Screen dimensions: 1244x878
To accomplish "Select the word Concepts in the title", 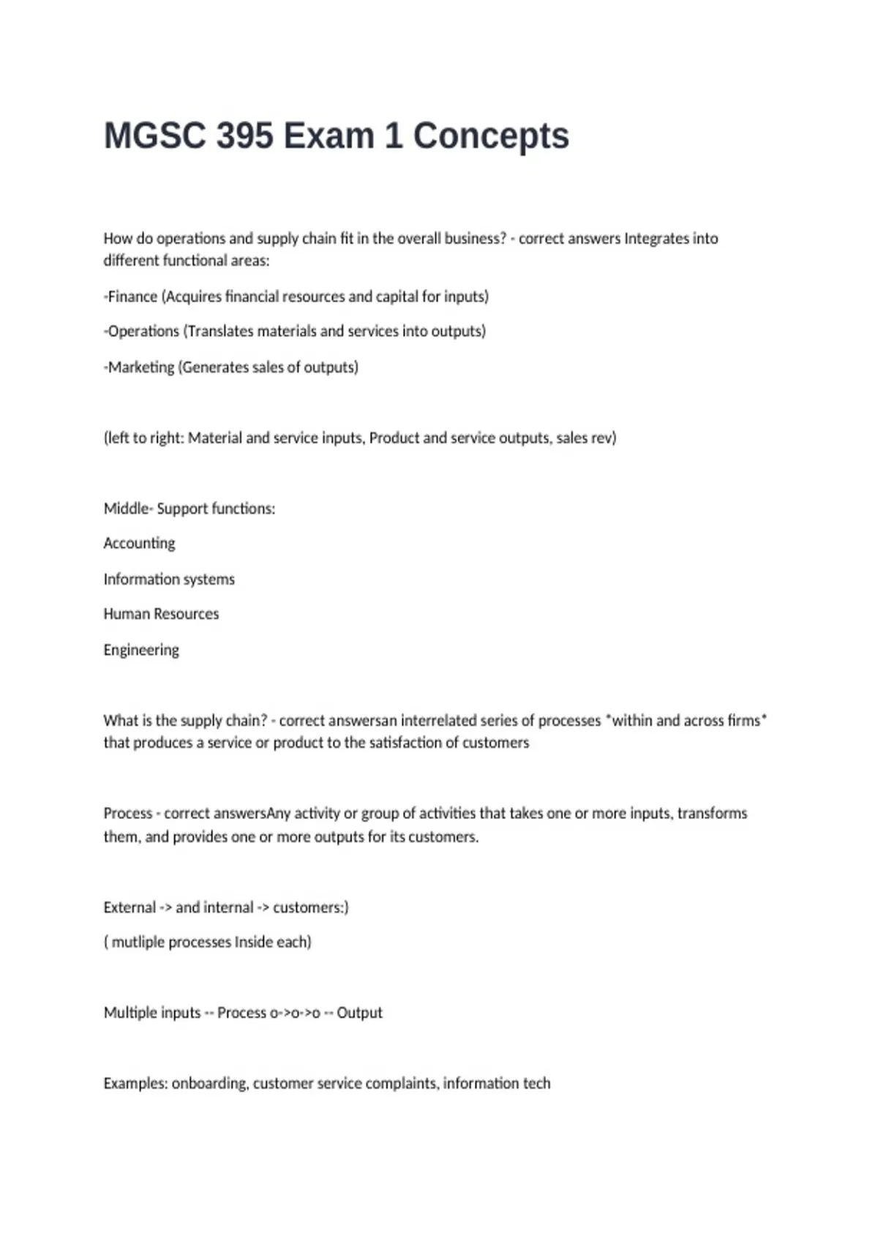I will pyautogui.click(x=491, y=136).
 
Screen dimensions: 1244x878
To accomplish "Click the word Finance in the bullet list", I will pyautogui.click(x=132, y=296).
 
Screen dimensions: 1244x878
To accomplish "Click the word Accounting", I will pyautogui.click(x=139, y=544).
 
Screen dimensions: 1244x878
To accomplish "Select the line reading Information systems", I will pyautogui.click(x=169, y=580).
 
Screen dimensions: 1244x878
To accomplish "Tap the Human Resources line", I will pyautogui.click(x=161, y=614).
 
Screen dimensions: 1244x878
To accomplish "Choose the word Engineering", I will pyautogui.click(x=141, y=650).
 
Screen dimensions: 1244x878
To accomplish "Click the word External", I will pyautogui.click(x=130, y=907).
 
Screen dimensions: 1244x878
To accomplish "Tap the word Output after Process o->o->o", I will pyautogui.click(x=359, y=1013).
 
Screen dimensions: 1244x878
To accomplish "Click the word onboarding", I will pyautogui.click(x=209, y=1083).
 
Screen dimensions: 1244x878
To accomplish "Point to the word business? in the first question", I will pyautogui.click(x=476, y=239).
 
